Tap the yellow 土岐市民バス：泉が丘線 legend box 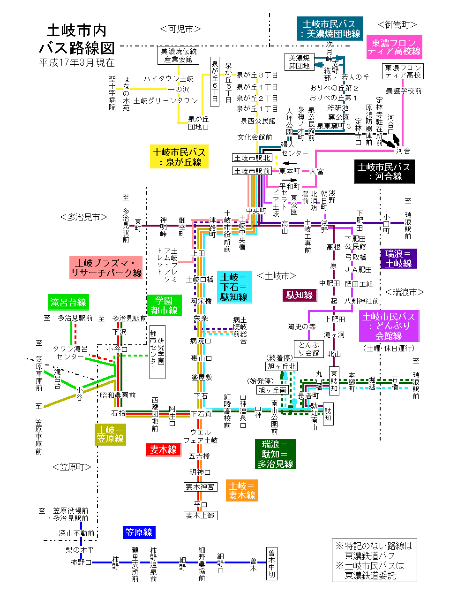click(179, 157)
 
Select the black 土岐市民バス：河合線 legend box click(384, 172)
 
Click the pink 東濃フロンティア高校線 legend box click(394, 47)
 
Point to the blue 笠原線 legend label click(139, 532)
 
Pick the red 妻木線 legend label click(163, 449)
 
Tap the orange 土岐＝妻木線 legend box click(242, 490)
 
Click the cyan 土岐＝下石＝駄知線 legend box click(234, 287)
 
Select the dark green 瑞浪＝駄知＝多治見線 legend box click(275, 454)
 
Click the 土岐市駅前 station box click(252, 171)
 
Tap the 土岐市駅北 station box click(252, 158)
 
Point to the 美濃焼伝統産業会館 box click(178, 55)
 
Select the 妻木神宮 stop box click(200, 487)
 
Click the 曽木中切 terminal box click(272, 563)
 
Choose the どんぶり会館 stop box click(309, 349)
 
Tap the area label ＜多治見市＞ click(83, 217)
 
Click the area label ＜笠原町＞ click(72, 467)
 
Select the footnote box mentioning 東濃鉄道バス click(374, 560)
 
